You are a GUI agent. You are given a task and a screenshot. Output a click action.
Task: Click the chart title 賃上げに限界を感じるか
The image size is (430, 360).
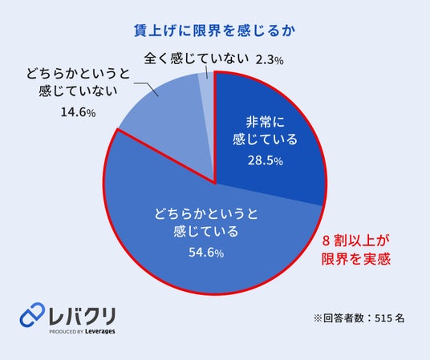[x=215, y=30]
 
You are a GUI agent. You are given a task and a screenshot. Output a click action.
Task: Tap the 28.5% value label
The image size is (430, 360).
[x=266, y=160]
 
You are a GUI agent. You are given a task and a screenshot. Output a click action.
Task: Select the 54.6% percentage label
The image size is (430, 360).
[x=206, y=253]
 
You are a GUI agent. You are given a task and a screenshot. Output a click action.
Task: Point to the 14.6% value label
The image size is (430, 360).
[x=78, y=112]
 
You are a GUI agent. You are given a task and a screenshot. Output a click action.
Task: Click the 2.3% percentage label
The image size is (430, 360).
[x=270, y=60]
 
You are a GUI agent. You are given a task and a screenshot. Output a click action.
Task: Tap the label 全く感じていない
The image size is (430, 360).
[x=197, y=59]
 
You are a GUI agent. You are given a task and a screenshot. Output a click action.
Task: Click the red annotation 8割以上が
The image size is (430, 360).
[x=355, y=241]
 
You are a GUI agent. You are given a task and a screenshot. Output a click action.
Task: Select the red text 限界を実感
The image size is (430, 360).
[x=355, y=259]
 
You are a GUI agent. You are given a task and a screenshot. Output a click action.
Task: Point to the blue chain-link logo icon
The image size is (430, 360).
[x=32, y=314]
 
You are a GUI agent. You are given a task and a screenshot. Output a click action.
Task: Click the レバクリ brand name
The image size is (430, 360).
[x=82, y=316]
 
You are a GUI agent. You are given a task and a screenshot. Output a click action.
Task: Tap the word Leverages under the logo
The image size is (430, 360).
[x=99, y=331]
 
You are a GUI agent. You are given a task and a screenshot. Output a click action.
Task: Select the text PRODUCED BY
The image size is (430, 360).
[x=66, y=331]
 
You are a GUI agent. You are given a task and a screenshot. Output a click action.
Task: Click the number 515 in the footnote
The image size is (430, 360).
[x=383, y=318]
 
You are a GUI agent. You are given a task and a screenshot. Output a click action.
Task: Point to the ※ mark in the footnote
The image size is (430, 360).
[x=318, y=318]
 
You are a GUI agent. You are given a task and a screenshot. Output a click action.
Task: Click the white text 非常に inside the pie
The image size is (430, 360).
[x=266, y=122]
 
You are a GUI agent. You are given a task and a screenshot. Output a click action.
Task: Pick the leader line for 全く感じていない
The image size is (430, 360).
[x=206, y=72]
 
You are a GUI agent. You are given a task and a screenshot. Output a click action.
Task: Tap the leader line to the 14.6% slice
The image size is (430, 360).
[x=148, y=87]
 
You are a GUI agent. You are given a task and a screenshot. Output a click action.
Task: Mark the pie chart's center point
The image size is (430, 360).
[x=215, y=183]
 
